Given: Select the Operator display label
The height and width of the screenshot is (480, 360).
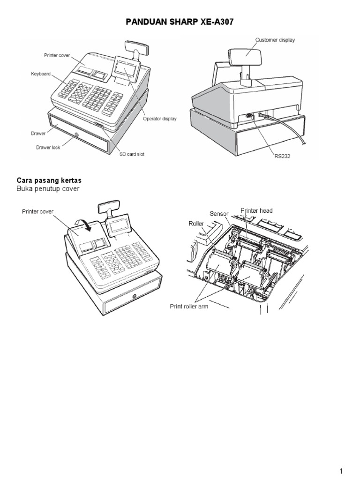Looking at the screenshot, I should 160,119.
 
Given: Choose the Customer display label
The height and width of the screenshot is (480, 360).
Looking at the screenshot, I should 275,40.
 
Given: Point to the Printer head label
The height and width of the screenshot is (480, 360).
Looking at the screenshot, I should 256,211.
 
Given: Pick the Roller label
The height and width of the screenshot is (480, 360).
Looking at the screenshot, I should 196,224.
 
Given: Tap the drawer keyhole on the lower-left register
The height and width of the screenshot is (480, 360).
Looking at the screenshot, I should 135,296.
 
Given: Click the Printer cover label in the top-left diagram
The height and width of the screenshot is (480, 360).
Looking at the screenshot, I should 57,55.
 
